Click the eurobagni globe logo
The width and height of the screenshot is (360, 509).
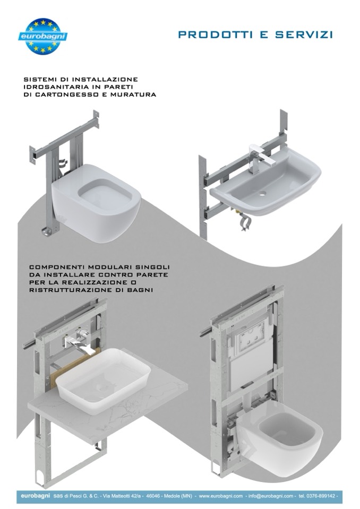point(43,36)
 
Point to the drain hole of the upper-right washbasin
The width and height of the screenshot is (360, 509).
point(262,194)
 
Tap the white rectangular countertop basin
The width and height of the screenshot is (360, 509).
point(103,381)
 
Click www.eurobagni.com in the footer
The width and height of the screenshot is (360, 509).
point(221,496)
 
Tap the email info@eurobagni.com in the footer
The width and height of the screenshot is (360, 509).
point(271,496)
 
